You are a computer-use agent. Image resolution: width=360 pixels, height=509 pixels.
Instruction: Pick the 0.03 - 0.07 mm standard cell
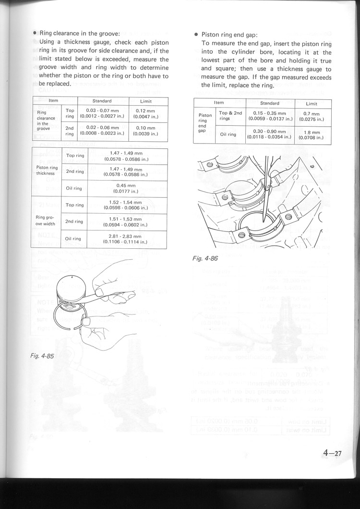point(102,113)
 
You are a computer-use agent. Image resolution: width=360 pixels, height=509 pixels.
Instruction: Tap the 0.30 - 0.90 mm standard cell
point(269,134)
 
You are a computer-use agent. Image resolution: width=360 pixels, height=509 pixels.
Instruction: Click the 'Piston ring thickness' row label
point(47,170)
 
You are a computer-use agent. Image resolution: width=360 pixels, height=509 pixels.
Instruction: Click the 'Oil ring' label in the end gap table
point(228,134)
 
